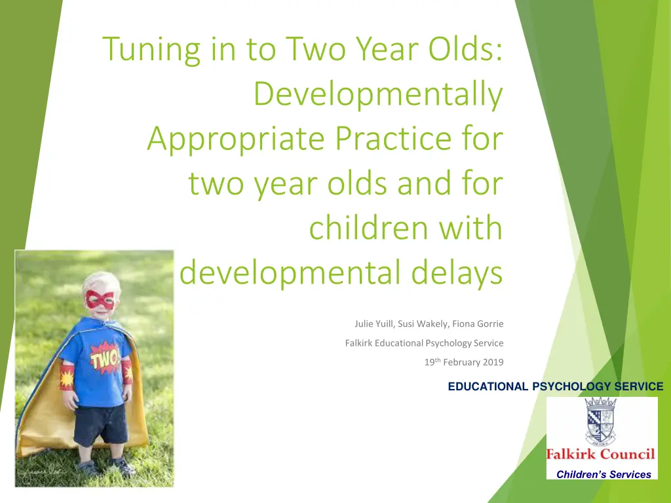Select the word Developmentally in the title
378,94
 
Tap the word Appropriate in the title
236,140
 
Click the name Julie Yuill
373,324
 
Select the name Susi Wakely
423,324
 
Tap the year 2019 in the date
493,362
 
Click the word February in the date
461,363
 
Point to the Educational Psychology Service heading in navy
556,386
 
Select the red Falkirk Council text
600,454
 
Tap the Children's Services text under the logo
604,474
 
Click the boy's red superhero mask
100,299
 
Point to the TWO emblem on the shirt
104,358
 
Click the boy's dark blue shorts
101,424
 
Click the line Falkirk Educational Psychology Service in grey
424,343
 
